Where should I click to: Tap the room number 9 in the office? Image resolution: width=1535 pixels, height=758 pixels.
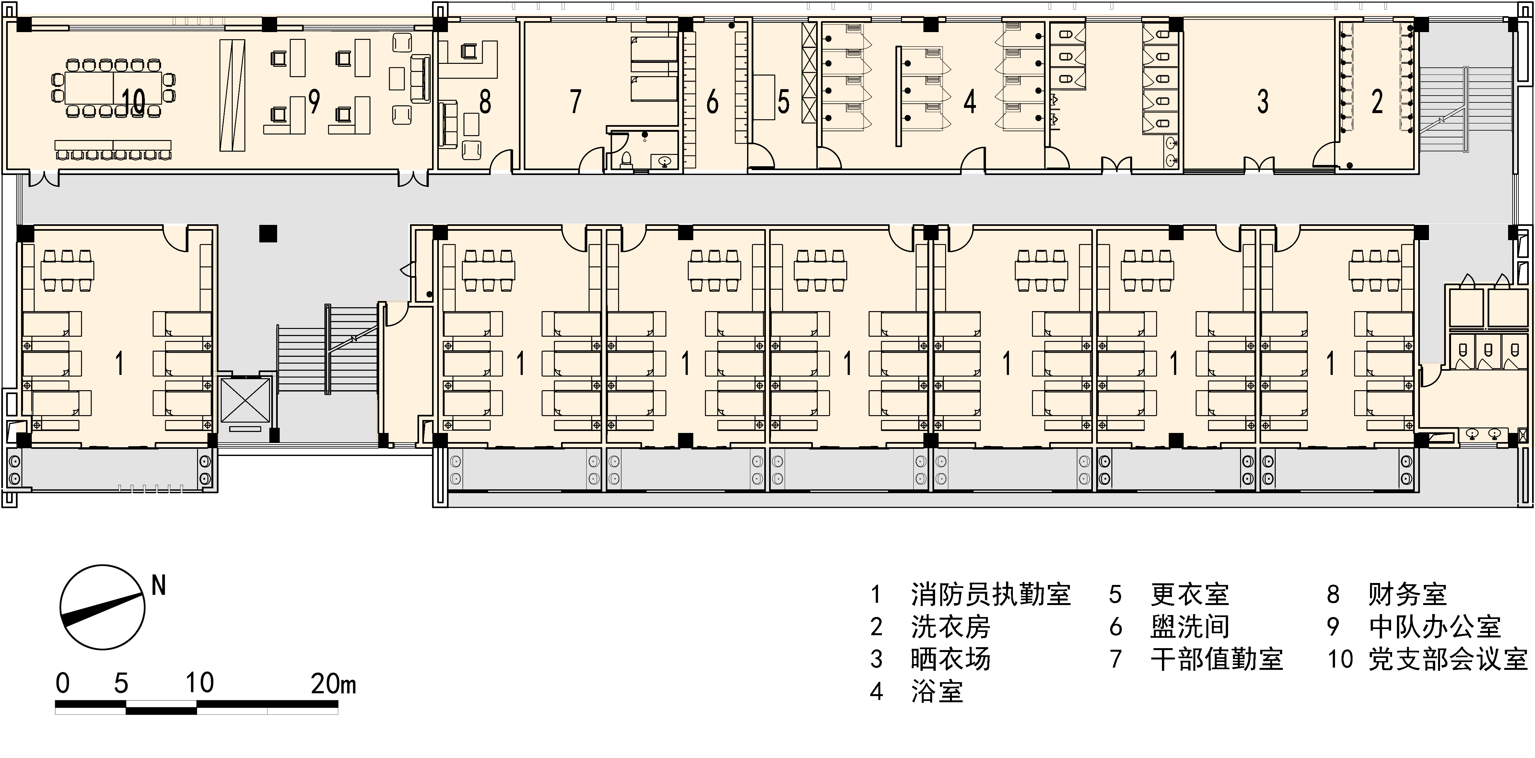click(x=314, y=101)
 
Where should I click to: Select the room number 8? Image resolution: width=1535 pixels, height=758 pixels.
click(x=485, y=101)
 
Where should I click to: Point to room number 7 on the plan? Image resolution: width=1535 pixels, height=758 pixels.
click(x=575, y=101)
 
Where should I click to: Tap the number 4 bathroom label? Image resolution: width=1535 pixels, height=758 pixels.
click(x=969, y=101)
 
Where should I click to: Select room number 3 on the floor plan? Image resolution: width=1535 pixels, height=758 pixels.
click(x=1263, y=101)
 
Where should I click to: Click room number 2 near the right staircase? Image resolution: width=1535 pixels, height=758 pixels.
click(x=1377, y=101)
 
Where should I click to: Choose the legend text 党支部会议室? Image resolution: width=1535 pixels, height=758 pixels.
click(x=1448, y=659)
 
